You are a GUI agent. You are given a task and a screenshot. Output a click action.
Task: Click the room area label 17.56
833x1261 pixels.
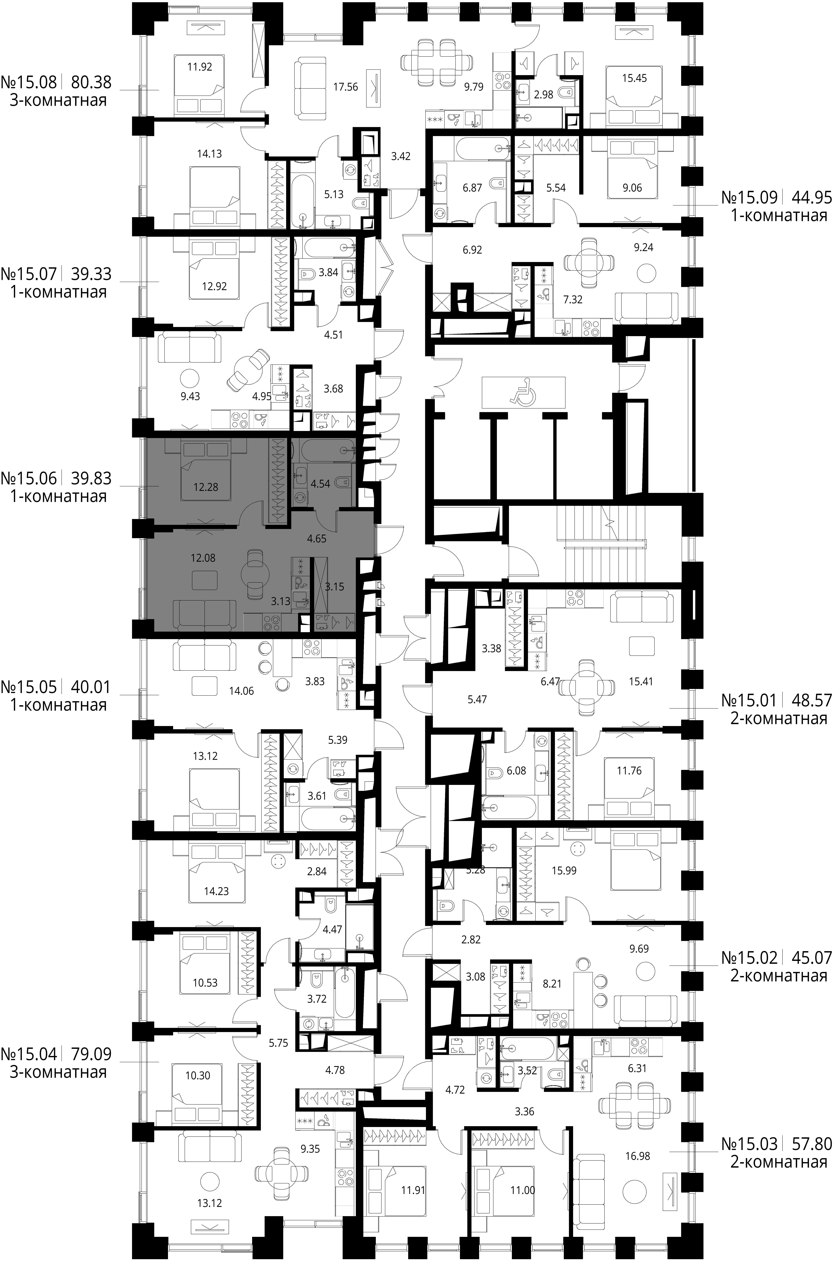pyautogui.click(x=345, y=87)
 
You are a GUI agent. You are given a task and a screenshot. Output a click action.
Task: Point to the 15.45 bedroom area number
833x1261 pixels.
pyautogui.click(x=634, y=78)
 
